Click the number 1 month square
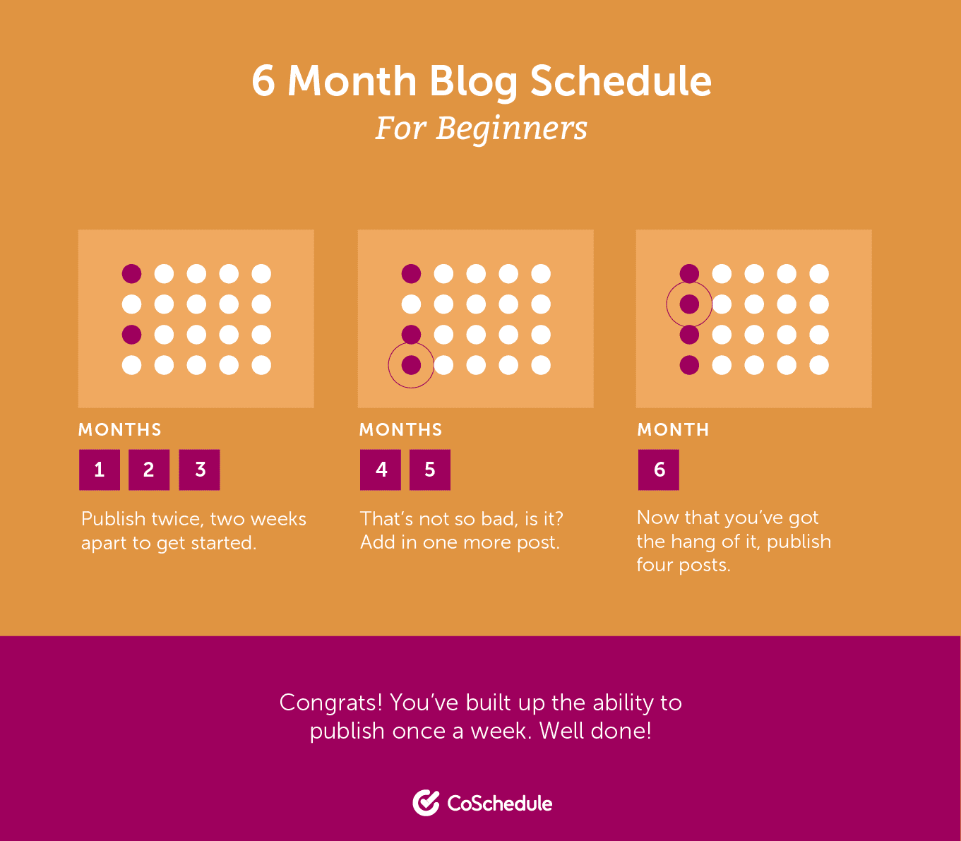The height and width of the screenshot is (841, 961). [x=99, y=470]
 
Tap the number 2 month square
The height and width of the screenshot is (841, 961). [x=149, y=470]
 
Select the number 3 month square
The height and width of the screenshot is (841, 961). [x=200, y=470]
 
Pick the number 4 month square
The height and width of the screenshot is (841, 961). [x=381, y=470]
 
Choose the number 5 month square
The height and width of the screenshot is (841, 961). [x=430, y=470]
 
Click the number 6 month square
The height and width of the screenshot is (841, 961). [x=659, y=470]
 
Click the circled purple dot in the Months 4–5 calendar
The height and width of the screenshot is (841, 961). [x=411, y=365]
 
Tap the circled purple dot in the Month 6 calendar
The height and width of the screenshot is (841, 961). [x=689, y=304]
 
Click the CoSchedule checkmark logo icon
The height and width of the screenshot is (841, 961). [x=426, y=803]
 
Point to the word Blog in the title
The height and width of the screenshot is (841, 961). [x=473, y=82]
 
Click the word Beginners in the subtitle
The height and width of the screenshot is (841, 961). [x=511, y=129]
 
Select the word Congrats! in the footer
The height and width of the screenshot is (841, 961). [x=331, y=703]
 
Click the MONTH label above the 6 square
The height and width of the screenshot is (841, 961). [x=673, y=429]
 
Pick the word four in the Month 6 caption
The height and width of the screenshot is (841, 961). [x=654, y=566]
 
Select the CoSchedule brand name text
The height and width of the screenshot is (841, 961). [x=500, y=804]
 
